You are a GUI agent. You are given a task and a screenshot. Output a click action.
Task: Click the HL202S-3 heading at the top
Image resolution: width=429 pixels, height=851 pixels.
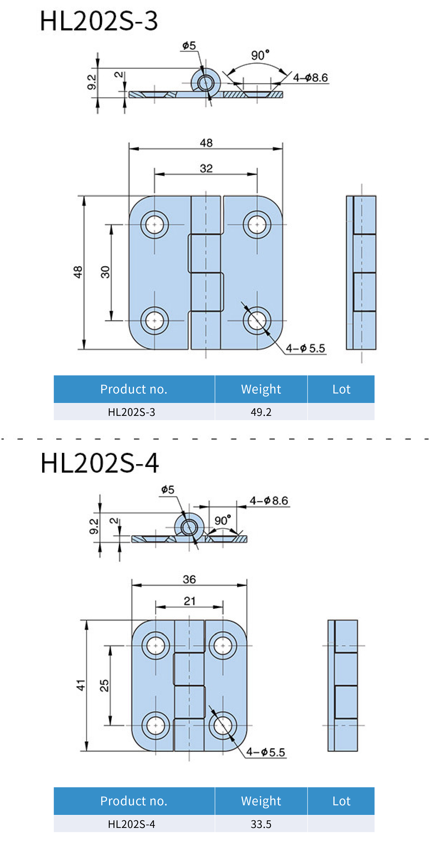(99, 21)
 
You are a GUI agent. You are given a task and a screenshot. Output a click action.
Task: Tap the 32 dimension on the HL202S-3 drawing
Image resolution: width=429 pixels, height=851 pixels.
(206, 168)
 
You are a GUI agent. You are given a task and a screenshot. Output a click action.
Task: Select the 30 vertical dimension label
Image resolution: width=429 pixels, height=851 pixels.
(105, 272)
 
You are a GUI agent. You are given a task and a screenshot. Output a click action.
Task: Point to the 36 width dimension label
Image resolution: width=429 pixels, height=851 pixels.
(189, 579)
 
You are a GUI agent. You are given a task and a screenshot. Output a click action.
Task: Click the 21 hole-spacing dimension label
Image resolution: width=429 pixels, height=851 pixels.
(189, 601)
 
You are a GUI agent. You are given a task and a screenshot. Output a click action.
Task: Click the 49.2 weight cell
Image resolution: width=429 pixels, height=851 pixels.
(261, 412)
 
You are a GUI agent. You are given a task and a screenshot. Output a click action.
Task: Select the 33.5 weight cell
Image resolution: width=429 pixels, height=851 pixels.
(261, 824)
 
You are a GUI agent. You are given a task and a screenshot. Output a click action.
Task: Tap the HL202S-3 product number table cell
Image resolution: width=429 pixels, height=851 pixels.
(131, 412)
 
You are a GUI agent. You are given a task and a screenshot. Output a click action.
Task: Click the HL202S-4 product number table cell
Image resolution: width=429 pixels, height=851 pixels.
(131, 824)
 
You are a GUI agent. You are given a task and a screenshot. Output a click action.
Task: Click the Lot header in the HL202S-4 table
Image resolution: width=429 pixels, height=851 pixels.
(341, 801)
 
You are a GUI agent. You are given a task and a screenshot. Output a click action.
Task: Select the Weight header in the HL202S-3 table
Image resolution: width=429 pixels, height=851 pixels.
(261, 389)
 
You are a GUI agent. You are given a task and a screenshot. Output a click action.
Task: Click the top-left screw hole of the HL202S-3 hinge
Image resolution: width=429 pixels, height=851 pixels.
(154, 225)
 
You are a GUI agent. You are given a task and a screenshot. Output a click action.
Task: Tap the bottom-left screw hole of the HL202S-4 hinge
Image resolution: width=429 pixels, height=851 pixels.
(156, 725)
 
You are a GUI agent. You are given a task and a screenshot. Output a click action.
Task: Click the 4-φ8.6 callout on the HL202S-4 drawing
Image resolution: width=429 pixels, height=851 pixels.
(269, 500)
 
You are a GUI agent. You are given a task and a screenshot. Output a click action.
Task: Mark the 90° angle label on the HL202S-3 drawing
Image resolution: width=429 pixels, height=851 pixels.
(260, 55)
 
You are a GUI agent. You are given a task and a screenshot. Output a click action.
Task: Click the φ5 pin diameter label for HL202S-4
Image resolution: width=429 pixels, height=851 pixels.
(168, 490)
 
